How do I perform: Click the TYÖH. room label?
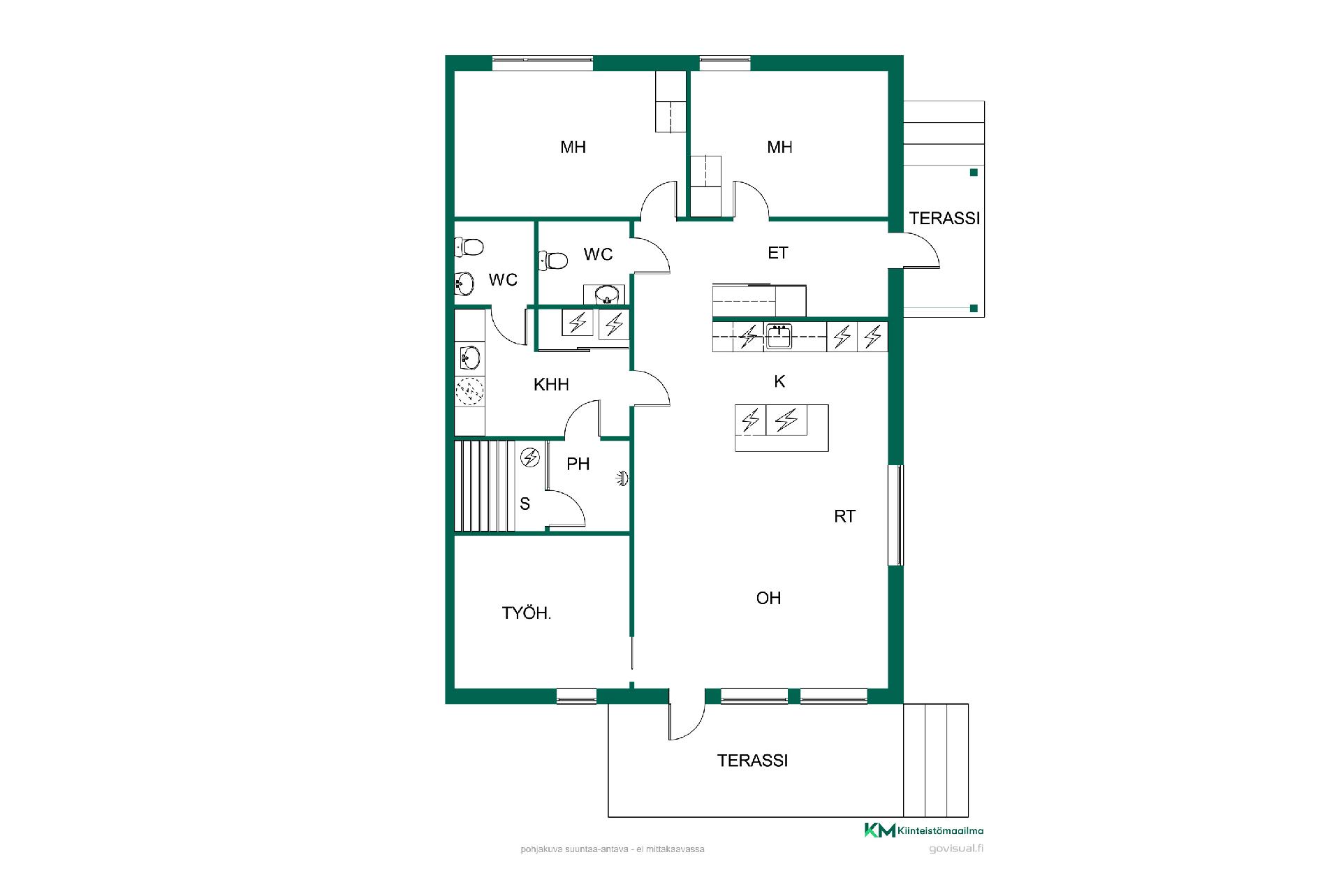coord(527,613)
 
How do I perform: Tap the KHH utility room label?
coord(551,384)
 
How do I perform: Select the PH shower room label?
coord(578,464)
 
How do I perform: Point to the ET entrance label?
coord(778,253)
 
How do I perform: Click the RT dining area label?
coord(844,516)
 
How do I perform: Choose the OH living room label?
coord(768,598)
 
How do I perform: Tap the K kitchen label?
coord(779,381)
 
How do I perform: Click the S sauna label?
coord(525,504)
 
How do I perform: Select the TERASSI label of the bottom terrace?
coord(752,761)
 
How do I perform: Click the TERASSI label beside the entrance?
coord(944,218)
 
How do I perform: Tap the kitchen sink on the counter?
coord(778,337)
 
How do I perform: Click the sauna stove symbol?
coord(531,457)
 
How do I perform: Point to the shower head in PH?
coord(623,478)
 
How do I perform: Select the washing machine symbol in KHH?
coord(469,391)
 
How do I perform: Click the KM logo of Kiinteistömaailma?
coord(880,830)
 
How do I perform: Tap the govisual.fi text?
coord(956,849)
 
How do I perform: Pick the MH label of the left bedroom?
coord(573,147)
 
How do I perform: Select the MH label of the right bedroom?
coord(779,147)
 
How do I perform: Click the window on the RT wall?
coord(895,515)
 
